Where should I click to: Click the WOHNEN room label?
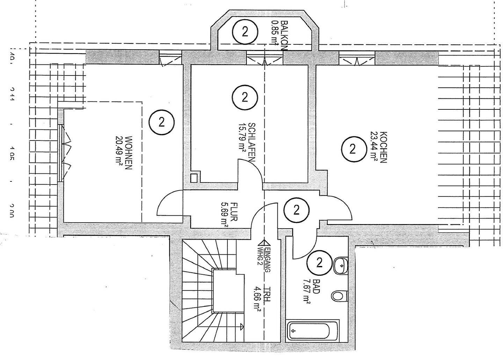[x=128, y=152]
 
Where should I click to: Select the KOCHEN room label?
[x=382, y=147]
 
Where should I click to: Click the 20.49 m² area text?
[x=119, y=153]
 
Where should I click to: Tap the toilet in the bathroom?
[x=338, y=296]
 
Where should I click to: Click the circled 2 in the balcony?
[x=245, y=32]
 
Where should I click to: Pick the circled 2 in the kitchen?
[x=352, y=149]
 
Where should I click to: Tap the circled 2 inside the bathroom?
[x=319, y=262]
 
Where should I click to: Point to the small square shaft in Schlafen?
[x=194, y=177]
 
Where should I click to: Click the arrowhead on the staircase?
[x=242, y=327]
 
